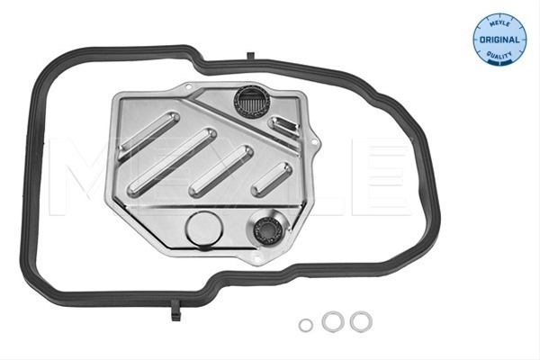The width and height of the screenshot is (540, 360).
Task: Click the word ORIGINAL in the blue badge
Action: [499, 40]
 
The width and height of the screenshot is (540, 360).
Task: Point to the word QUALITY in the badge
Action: [499, 55]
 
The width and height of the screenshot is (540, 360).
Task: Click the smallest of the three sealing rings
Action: [306, 325]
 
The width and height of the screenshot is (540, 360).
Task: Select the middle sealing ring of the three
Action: [333, 321]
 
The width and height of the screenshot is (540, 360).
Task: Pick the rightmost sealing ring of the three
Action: [361, 322]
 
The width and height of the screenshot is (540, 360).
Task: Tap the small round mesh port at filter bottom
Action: [267, 229]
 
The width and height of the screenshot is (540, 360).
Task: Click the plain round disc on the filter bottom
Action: [204, 229]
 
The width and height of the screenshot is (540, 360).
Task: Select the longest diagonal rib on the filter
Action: [172, 162]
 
